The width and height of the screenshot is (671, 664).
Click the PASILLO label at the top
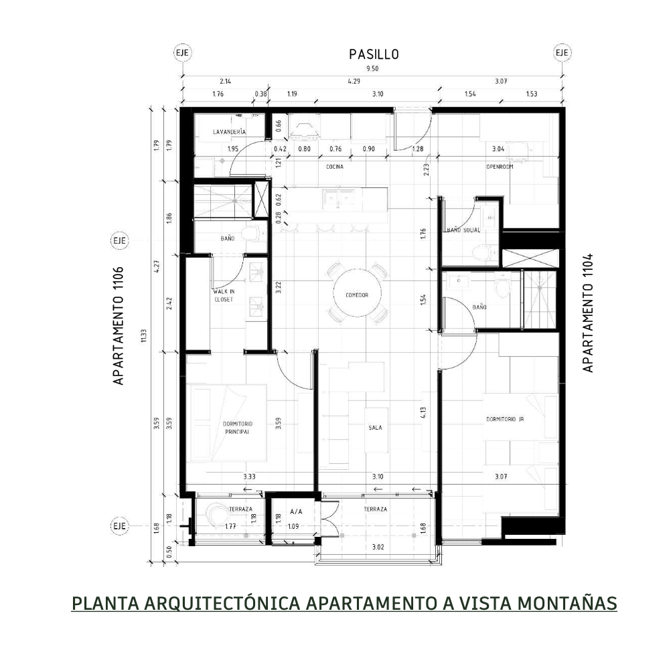pyautogui.click(x=374, y=54)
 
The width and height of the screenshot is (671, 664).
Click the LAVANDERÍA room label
pyautogui.click(x=229, y=133)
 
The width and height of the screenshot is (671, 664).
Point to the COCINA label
pyautogui.click(x=335, y=167)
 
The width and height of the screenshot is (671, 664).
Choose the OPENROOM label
pyautogui.click(x=499, y=167)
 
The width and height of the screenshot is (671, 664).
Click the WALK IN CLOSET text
pyautogui.click(x=223, y=297)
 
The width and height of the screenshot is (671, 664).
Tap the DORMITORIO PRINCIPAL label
pyautogui.click(x=236, y=428)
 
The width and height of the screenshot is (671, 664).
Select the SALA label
pyautogui.click(x=375, y=428)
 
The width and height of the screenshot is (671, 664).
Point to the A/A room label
pyautogui.click(x=296, y=511)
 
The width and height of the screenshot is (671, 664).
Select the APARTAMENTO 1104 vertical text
pyautogui.click(x=588, y=313)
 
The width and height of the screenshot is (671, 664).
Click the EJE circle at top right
pyautogui.click(x=561, y=53)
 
